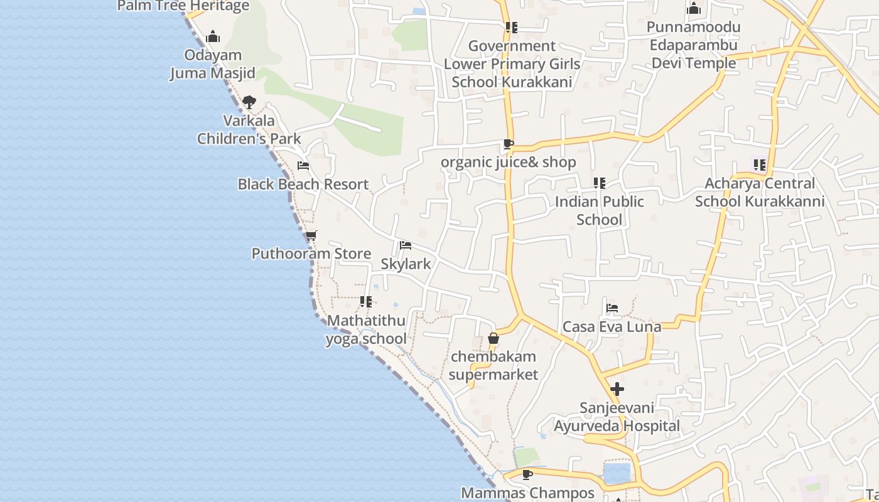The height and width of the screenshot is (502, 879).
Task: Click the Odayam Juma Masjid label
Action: pos(213,64)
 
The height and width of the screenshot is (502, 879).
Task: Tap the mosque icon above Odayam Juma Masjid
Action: pos(213,36)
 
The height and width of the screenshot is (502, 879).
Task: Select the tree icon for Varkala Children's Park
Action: pos(249,102)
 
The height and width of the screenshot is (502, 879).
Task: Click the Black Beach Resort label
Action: pos(303,184)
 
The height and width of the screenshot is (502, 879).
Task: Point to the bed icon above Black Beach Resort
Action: pos(303,166)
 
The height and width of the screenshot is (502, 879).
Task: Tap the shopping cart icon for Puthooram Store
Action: pos(311,236)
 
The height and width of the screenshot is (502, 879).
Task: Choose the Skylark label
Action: pos(406,264)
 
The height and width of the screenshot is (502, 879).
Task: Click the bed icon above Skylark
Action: pos(406,245)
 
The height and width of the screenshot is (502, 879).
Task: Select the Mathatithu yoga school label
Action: pos(366,329)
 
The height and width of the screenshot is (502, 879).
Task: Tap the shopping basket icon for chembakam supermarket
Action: pos(493,339)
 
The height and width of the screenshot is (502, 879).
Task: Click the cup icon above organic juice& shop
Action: pos(508,144)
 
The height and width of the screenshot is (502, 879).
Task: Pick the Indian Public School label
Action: pos(599,210)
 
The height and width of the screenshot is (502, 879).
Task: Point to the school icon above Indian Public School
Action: pos(600,183)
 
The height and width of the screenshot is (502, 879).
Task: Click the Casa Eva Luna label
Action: pos(612,327)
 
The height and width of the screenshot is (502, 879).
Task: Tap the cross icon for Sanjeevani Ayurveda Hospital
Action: pos(617,389)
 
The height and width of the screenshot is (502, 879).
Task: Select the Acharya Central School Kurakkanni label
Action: pos(760,192)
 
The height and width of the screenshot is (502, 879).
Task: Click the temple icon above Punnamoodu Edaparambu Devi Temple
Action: pos(694,8)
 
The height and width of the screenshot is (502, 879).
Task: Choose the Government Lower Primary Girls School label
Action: pos(512,64)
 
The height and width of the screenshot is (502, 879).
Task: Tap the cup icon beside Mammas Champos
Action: pos(527,474)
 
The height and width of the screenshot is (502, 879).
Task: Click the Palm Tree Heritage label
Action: pos(183,6)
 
